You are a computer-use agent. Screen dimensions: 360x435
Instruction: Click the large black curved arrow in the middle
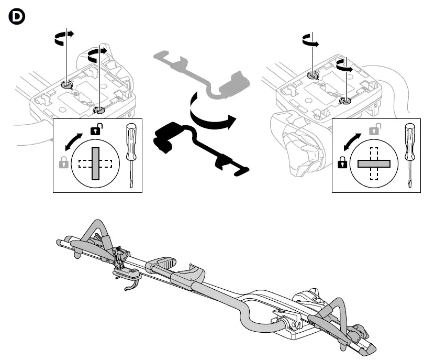pos(209,113)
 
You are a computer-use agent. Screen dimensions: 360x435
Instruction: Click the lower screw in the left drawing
pos(99,110)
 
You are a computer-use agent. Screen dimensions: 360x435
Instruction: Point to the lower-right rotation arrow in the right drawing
pos(343,67)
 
